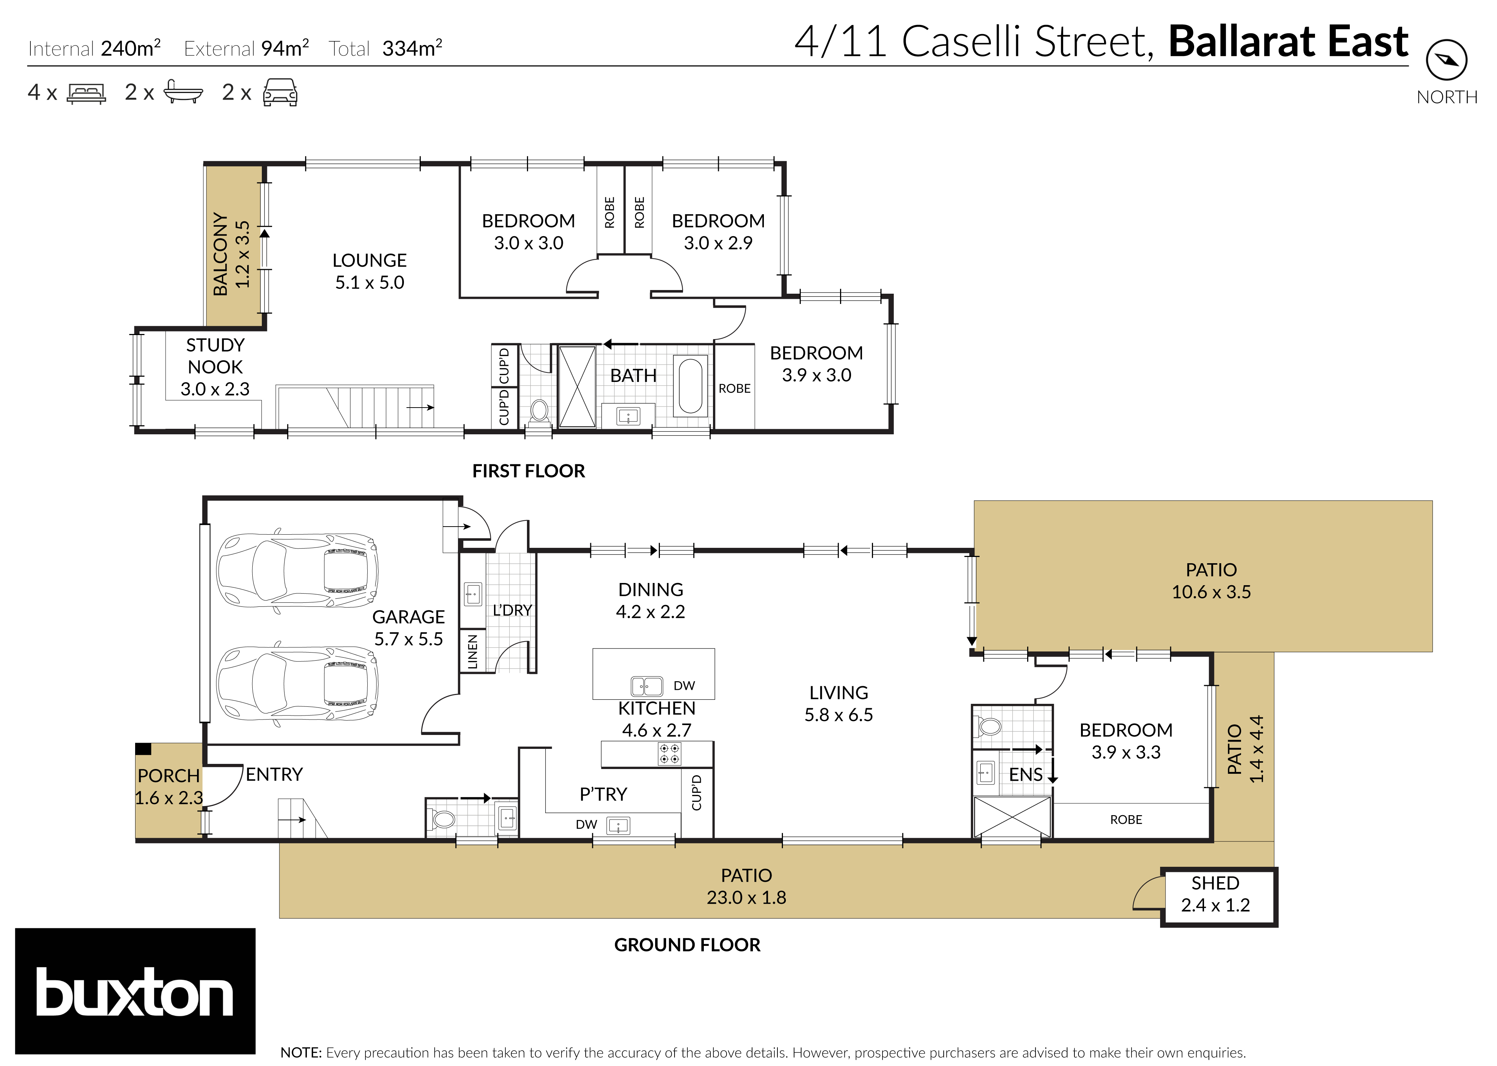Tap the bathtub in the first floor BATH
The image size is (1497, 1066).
(690, 385)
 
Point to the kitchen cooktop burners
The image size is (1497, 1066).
(669, 754)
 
